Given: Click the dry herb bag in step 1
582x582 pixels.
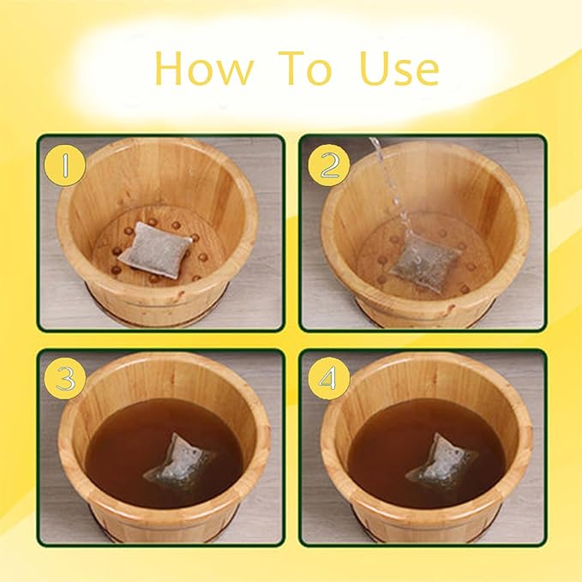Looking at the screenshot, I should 156,247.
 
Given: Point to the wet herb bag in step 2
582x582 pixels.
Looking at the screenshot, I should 421,257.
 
